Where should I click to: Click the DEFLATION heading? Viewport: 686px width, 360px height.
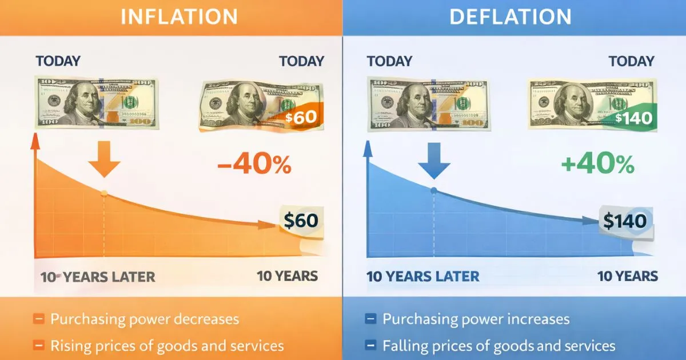[x=510, y=17]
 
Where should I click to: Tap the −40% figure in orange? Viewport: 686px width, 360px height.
[x=254, y=165]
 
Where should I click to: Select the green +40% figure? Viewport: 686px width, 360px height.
[x=597, y=165]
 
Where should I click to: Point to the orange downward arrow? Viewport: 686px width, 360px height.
[x=104, y=162]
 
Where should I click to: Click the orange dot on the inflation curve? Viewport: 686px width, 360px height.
[x=104, y=194]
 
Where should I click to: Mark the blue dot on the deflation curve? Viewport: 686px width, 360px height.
[x=434, y=190]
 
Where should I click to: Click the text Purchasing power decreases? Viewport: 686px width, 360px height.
[x=144, y=319]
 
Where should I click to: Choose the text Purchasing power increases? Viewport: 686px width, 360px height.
[x=476, y=319]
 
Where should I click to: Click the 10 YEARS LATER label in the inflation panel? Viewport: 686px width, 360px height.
[x=98, y=277]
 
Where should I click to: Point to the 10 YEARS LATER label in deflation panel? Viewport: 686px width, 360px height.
[x=422, y=277]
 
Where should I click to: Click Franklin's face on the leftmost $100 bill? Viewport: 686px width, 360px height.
[x=79, y=101]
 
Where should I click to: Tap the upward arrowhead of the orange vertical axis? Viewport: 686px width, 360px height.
[x=35, y=139]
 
